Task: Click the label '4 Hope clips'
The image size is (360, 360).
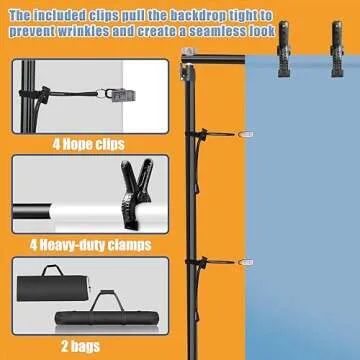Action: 89,143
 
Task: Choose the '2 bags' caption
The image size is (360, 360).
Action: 89,345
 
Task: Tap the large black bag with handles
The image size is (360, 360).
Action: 51,298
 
